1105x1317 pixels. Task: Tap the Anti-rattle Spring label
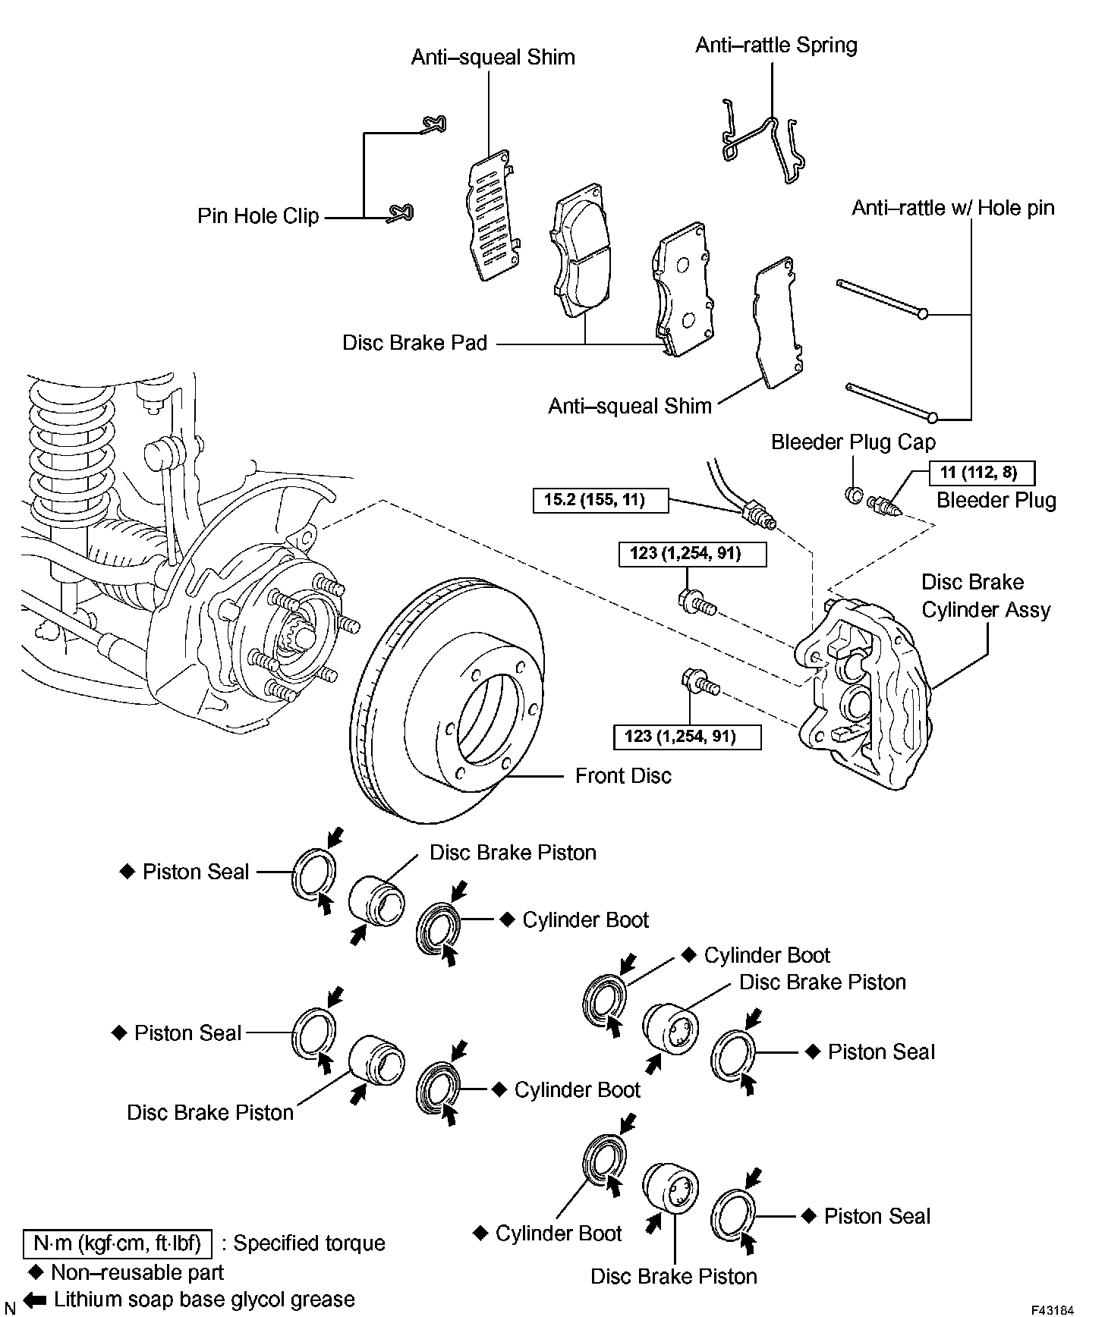776,46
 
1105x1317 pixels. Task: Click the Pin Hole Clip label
258,216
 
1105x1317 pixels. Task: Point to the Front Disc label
623,775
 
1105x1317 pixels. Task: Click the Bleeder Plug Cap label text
853,442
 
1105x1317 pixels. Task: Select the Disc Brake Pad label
414,343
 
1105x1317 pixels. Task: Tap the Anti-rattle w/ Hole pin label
952,208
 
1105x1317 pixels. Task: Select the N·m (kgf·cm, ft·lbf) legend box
118,1243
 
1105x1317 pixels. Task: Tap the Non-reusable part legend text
137,1272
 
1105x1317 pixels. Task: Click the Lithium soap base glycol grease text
203,1300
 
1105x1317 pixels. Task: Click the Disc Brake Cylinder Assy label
985,596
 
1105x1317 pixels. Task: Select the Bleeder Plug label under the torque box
996,501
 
